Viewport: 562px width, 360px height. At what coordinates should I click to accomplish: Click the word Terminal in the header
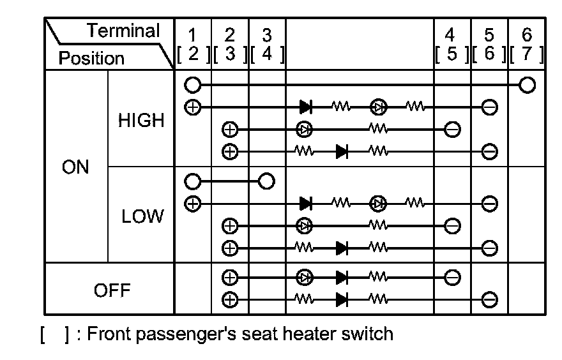click(x=124, y=31)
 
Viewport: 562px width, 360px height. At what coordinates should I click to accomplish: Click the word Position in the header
click(x=91, y=59)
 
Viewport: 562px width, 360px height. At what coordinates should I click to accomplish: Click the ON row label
click(x=75, y=167)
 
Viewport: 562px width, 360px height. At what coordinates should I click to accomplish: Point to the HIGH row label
click(x=141, y=120)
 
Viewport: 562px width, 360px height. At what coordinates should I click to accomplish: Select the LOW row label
click(x=141, y=217)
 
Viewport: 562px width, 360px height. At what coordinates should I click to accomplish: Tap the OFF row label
click(x=112, y=290)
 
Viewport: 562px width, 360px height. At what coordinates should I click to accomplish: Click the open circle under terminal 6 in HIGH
click(x=526, y=84)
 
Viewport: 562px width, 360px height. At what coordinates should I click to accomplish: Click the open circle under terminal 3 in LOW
click(x=266, y=181)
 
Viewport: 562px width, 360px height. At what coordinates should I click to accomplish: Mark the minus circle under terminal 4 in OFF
click(x=452, y=277)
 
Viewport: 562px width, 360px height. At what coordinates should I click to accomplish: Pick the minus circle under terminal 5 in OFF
click(x=489, y=298)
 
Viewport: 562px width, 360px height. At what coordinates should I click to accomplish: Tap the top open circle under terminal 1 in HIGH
click(x=192, y=84)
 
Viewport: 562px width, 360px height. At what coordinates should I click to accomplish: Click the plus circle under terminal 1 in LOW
click(x=192, y=204)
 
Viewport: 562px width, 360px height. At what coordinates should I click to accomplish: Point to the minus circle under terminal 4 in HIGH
click(x=452, y=130)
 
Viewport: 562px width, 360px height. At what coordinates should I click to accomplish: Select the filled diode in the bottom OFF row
click(x=342, y=298)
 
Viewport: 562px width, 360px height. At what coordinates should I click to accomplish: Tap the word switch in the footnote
click(x=368, y=334)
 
